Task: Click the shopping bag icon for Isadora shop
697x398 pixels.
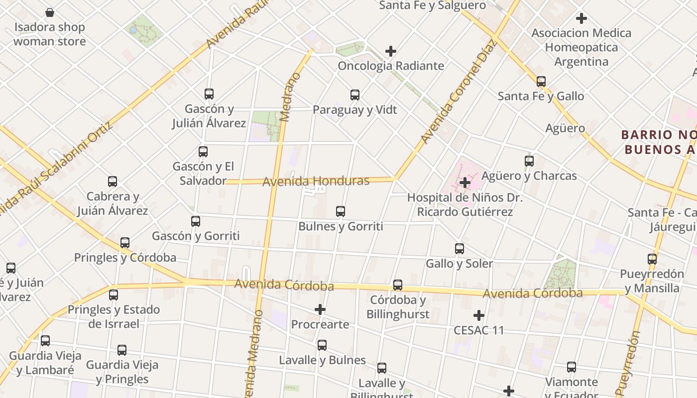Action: tap(50, 12)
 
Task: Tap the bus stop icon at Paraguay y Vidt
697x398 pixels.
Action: tap(355, 95)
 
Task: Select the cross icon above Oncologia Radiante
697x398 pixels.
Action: tap(391, 51)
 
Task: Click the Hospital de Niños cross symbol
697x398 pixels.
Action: tap(465, 183)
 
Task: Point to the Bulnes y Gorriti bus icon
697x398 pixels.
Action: tap(341, 211)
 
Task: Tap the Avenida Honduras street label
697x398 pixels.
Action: tap(316, 181)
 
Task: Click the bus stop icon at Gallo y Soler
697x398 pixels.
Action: tap(460, 249)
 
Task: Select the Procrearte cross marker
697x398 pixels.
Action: tap(320, 310)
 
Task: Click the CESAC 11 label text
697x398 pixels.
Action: tap(479, 330)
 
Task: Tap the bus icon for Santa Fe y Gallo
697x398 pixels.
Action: tap(541, 82)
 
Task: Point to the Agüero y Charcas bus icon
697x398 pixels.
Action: tap(529, 161)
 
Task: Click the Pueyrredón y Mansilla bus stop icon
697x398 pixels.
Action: tap(652, 259)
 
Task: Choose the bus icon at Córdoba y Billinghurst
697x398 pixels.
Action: tap(398, 285)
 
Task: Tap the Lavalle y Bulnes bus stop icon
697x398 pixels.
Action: tap(322, 345)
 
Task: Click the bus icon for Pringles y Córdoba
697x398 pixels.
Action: tap(125, 243)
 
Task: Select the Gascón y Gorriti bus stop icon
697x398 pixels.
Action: tap(196, 221)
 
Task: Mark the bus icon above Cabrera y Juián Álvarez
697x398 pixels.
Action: tap(113, 182)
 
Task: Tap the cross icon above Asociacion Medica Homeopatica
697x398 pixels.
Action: tap(581, 19)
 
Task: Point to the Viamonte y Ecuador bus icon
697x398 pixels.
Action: tap(572, 368)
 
